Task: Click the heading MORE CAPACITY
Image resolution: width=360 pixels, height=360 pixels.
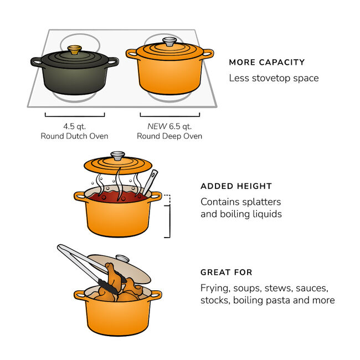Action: click(x=266, y=63)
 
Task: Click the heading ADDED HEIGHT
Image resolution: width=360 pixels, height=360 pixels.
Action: click(x=236, y=187)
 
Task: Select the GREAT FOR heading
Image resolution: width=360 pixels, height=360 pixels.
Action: click(x=226, y=272)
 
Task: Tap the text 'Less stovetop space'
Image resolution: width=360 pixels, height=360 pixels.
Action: click(x=274, y=78)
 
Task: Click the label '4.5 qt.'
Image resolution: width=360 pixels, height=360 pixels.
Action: click(x=75, y=126)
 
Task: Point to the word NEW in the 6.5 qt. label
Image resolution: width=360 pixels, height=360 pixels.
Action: click(x=157, y=126)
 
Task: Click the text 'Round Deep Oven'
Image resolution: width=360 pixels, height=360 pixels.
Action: click(x=169, y=136)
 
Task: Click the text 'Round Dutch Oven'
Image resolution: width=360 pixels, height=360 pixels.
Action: click(x=75, y=136)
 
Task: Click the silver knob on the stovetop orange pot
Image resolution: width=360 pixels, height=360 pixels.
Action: click(x=169, y=41)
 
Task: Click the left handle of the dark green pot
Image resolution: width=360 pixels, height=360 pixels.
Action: click(x=37, y=61)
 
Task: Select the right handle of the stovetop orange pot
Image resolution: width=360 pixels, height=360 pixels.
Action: click(x=207, y=54)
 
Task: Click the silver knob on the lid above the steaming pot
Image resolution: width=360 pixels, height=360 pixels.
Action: click(x=118, y=156)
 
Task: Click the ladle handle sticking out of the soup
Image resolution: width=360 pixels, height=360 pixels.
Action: click(x=151, y=179)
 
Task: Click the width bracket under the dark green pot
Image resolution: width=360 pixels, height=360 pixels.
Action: click(x=75, y=115)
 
